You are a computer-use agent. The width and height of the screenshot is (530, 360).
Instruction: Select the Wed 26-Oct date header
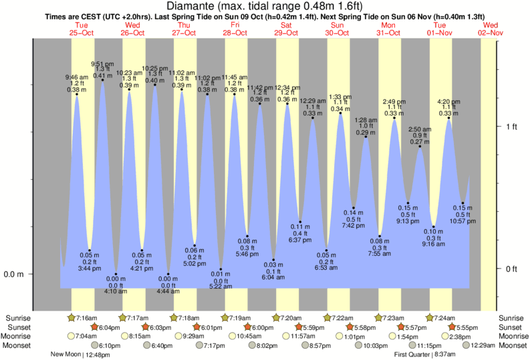(132, 28)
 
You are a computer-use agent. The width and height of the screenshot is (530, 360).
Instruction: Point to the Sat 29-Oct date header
(286, 28)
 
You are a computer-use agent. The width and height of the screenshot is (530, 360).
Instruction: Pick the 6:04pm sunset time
(110, 327)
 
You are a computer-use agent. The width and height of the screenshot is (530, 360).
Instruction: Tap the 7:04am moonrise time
(86, 336)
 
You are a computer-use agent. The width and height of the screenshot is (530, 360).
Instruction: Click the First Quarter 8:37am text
(430, 355)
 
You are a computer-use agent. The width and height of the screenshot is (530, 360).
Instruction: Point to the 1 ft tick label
(511, 126)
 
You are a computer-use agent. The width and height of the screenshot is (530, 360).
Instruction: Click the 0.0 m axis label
(14, 274)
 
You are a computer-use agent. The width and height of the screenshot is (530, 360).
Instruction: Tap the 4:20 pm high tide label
(448, 102)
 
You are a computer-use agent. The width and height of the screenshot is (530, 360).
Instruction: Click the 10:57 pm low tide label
(462, 220)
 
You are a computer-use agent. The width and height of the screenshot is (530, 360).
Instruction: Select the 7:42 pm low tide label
(354, 225)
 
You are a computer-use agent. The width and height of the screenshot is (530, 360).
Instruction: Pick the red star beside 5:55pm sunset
(452, 327)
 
